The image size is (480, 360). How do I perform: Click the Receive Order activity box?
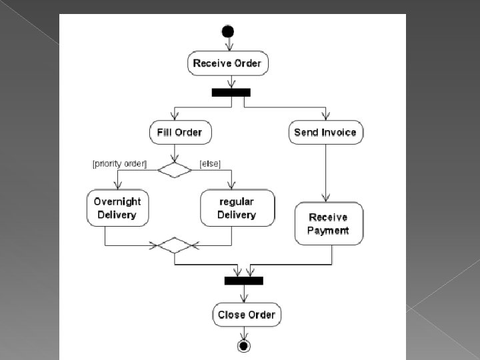[227, 64]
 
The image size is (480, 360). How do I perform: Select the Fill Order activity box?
[179, 132]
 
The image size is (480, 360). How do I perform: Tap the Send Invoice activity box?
[325, 132]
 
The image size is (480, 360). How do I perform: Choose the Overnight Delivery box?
[117, 208]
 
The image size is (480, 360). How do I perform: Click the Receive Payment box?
[328, 224]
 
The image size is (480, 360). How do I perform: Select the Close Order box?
[247, 315]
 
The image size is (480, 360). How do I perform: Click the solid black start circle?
[228, 31]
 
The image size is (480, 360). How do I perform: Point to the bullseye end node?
[243, 345]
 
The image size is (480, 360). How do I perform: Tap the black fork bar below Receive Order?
[231, 93]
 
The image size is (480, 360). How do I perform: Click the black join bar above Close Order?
[243, 281]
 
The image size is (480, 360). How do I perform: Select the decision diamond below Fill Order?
[175, 169]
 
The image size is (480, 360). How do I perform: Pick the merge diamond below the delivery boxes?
[175, 245]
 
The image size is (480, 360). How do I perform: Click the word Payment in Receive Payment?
[328, 231]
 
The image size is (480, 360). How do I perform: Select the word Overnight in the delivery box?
[117, 201]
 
